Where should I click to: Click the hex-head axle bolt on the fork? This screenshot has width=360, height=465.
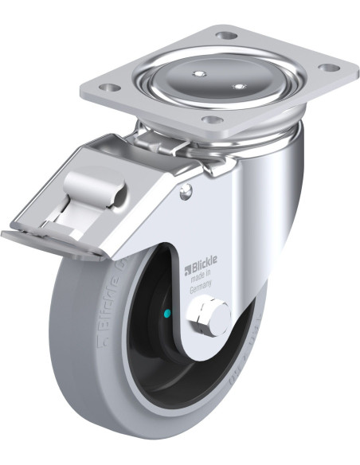tap(211, 316)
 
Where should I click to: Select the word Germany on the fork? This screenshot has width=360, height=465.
tap(202, 291)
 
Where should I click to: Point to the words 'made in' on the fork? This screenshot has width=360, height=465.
tap(203, 280)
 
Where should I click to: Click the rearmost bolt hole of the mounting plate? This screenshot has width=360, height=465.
tap(226, 36)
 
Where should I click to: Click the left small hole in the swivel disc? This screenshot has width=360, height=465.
tap(196, 74)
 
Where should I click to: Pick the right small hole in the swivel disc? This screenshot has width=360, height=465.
tap(237, 84)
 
